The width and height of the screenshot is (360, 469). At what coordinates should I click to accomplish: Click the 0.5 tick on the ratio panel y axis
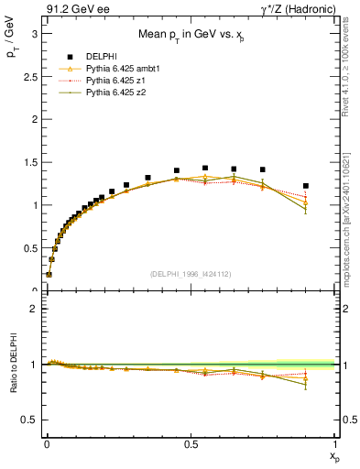(27, 419)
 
